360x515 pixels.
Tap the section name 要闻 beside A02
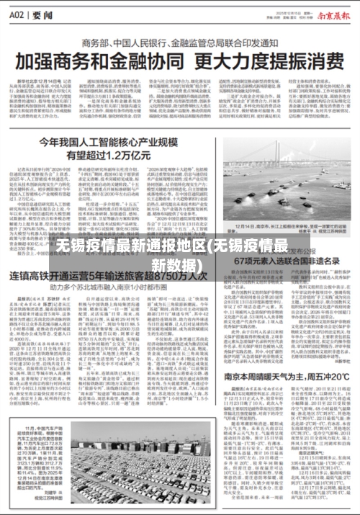coord(42,12)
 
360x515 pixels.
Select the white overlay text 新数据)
coord(181,264)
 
